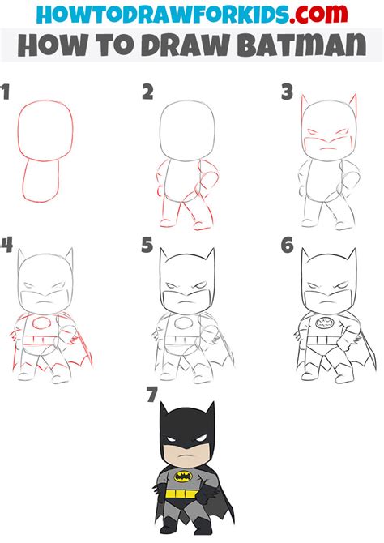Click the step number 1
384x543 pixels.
(x=7, y=93)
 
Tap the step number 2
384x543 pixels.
(x=147, y=93)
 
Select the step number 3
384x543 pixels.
(x=287, y=92)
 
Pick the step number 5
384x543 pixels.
(x=147, y=244)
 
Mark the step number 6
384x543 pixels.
(x=286, y=244)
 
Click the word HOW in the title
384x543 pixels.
(x=51, y=45)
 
